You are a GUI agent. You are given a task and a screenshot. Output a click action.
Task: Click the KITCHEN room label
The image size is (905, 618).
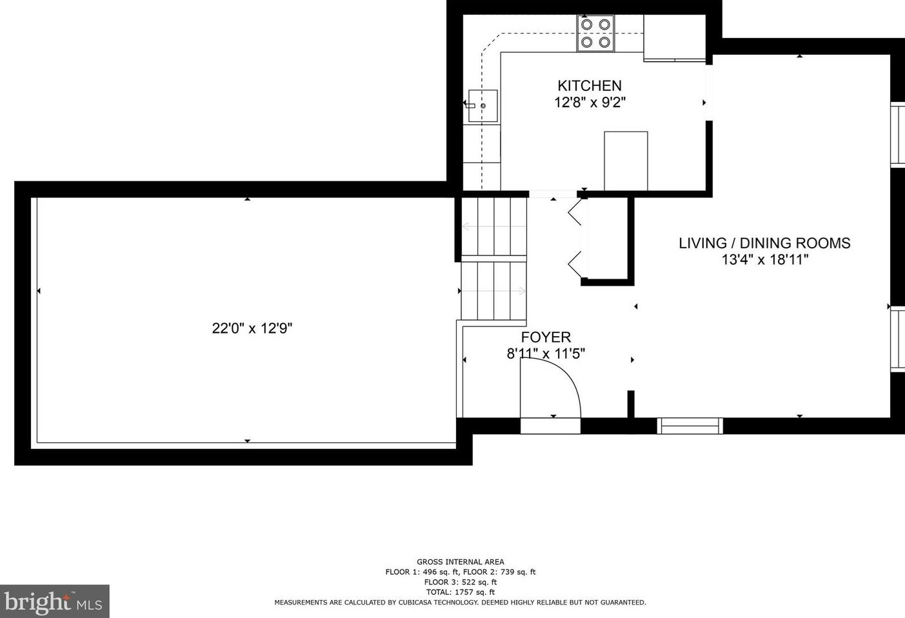point(590,86)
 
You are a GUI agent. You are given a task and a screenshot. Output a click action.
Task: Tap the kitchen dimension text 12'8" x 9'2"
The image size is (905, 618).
point(590,103)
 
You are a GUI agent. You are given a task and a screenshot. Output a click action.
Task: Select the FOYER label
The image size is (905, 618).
point(546,337)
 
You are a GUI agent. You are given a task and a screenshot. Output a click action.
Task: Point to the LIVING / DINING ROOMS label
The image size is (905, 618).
point(764,243)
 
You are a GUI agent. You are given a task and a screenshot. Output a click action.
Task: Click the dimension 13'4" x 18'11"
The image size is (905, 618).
point(765,259)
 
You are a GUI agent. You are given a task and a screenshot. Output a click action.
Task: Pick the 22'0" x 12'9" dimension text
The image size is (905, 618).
point(252,328)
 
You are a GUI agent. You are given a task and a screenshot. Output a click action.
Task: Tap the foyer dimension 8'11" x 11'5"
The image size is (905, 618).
point(546,354)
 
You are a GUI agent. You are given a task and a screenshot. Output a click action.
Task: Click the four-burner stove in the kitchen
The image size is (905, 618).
point(595,33)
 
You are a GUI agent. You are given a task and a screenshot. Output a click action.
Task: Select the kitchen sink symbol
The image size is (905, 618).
point(482,106)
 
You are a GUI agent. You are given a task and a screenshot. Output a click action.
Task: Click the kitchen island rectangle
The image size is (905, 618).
point(626,161)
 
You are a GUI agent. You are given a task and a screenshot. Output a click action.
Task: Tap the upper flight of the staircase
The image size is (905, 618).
point(494,226)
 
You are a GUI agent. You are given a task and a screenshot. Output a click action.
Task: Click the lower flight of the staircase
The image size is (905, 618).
point(494,291)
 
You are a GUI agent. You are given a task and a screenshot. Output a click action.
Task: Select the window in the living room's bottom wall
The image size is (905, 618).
point(690,426)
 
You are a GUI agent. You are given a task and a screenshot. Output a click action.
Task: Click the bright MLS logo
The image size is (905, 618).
point(55,601)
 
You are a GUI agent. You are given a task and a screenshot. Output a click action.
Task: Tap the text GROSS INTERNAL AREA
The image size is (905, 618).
point(460,562)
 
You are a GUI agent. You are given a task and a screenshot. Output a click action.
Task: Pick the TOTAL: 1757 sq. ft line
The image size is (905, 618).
point(460,592)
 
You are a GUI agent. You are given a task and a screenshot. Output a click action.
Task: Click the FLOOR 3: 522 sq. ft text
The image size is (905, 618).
point(460,582)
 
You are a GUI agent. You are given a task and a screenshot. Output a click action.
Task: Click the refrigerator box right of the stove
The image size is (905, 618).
point(674,37)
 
